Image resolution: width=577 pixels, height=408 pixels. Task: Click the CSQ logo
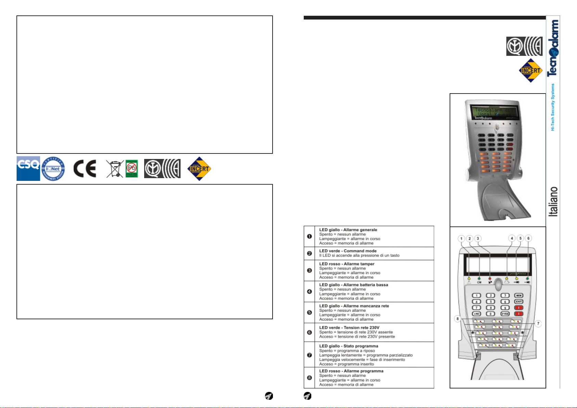pyautogui.click(x=28, y=168)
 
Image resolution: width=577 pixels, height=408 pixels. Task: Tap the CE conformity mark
pyautogui.click(x=85, y=169)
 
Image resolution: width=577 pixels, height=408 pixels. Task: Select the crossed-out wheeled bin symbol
pyautogui.click(x=115, y=169)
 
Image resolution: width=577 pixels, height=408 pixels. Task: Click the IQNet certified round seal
pyautogui.click(x=53, y=169)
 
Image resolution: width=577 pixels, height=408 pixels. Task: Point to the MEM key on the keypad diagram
pyautogui.click(x=519, y=295)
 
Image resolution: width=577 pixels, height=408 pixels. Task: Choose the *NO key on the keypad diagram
pyautogui.click(x=476, y=314)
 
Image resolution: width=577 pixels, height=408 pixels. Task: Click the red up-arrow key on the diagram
pyautogui.click(x=519, y=308)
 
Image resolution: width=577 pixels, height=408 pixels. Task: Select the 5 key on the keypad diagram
pyautogui.click(x=491, y=302)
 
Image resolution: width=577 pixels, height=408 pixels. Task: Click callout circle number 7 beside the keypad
pyautogui.click(x=538, y=323)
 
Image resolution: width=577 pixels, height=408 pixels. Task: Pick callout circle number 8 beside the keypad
pyautogui.click(x=457, y=319)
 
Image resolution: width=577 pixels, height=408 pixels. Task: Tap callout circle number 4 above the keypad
pyautogui.click(x=512, y=238)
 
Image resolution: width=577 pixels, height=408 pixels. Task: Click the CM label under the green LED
pyautogui.click(x=479, y=282)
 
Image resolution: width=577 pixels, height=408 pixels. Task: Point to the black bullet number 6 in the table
pyautogui.click(x=309, y=332)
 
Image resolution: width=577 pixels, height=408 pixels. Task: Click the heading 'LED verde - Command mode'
pyautogui.click(x=348, y=251)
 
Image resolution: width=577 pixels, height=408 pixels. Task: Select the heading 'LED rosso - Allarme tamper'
pyautogui.click(x=347, y=264)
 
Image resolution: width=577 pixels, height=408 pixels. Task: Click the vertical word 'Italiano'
pyautogui.click(x=553, y=201)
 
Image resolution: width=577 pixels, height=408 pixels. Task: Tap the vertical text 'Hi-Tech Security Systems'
pyautogui.click(x=552, y=107)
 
